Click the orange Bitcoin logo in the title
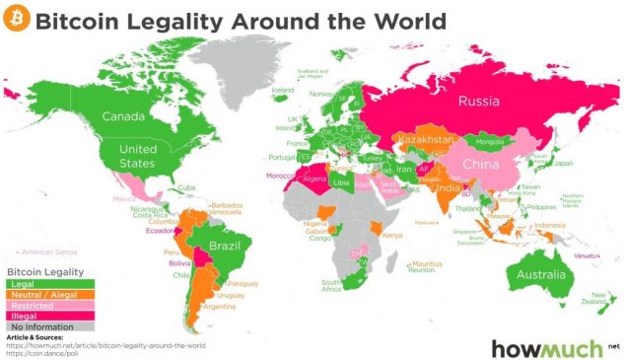click(18, 20)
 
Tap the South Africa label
click(332, 287)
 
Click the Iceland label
click(283, 90)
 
